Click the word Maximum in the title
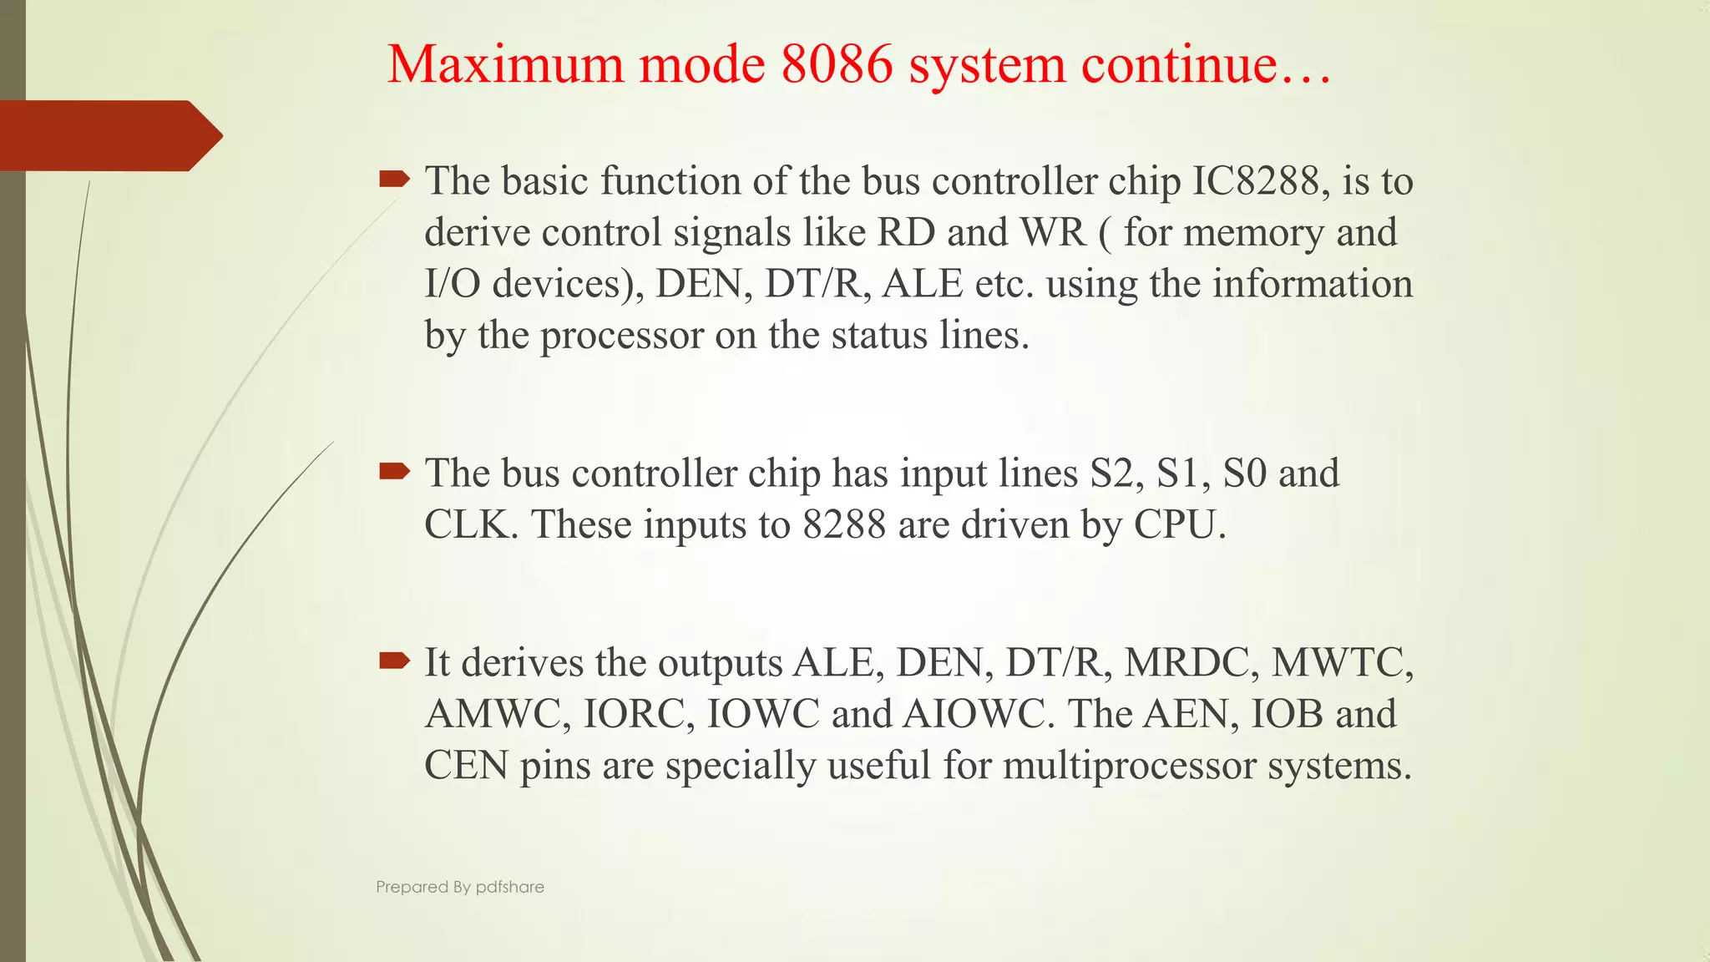pos(505,65)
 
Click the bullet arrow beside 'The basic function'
pos(394,178)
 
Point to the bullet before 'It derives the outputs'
pos(394,661)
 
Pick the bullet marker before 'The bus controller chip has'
pos(394,472)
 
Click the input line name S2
pos(1116,473)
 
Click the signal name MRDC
pos(1191,663)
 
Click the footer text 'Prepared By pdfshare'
pos(460,887)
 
